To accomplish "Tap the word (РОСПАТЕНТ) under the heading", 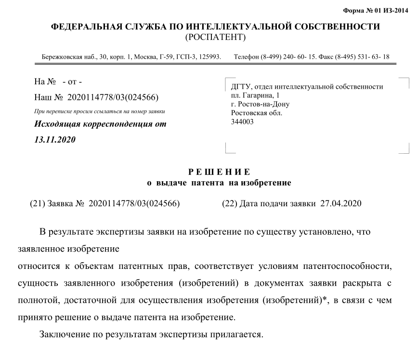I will [x=215, y=37].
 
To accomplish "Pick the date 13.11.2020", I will [x=54, y=140].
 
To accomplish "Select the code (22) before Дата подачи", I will [x=229, y=203].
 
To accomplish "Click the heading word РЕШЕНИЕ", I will [x=219, y=172].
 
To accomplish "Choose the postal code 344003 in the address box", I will [x=242, y=121].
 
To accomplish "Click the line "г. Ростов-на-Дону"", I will [x=261, y=104].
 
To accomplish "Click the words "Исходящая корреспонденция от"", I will [x=100, y=124].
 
